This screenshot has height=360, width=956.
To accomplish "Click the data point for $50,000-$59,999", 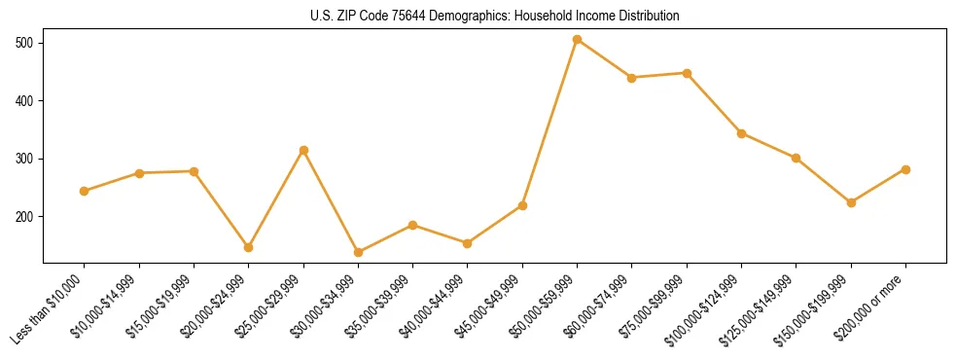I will click(578, 40).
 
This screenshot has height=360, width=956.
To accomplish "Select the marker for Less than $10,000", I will click(85, 191).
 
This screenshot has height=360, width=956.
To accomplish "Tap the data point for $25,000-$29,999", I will click(303, 150).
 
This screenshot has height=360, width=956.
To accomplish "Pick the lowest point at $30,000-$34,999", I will click(358, 252).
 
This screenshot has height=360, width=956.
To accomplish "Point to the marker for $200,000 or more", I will click(905, 169).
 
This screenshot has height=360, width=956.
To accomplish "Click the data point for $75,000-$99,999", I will click(687, 73).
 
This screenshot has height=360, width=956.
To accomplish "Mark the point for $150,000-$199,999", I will click(851, 202).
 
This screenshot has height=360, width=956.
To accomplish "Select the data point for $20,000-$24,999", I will click(249, 247).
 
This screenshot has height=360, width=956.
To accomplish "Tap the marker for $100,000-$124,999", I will click(741, 133).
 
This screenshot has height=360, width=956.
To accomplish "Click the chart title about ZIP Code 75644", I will click(495, 17).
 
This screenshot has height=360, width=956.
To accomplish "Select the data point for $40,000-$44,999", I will click(468, 243).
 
